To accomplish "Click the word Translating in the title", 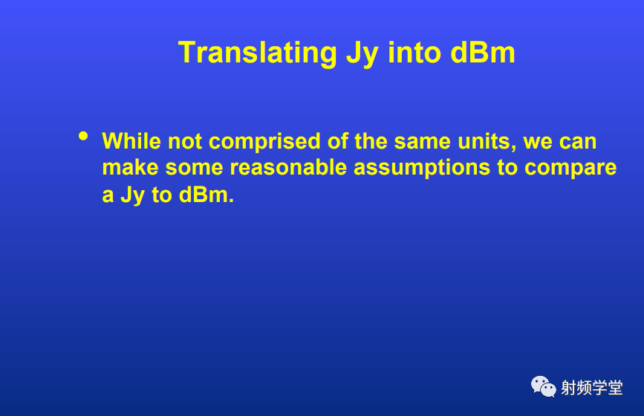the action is pos(258,53).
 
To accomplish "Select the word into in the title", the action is pos(414,53).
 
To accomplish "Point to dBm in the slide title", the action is pos(483,53).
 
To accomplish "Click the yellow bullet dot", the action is pos(83,136).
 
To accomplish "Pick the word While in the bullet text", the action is pos(131,141).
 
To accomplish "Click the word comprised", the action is pos(264,142).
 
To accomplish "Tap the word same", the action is pos(422,142).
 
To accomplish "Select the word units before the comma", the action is pos(484,141).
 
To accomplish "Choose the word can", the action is pos(578,143).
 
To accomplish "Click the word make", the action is pos(130,168).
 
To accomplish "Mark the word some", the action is pos(194,169).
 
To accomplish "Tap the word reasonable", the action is pos(288,168).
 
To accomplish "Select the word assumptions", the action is pos(422,169).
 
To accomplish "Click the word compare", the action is pos(570,169).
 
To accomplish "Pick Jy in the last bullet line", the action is pos(132,195).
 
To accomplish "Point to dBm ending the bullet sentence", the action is pos(203,194).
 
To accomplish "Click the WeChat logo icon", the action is pos(544,386).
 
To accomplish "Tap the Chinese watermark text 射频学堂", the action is pos(592,388).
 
